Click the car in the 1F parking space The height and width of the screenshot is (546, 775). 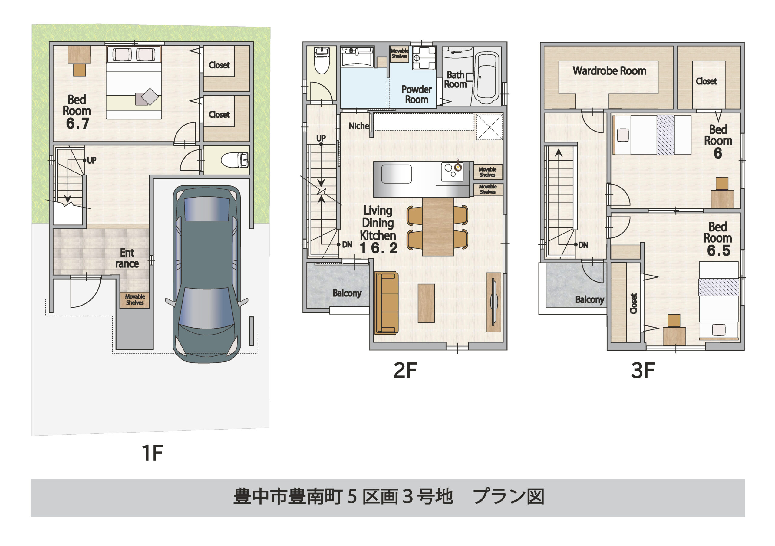click(206, 274)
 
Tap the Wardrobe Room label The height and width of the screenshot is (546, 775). click(609, 71)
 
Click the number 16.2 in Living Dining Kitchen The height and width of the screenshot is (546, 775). click(378, 249)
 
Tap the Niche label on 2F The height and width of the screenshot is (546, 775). click(358, 126)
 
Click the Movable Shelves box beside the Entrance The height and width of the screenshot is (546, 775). click(135, 299)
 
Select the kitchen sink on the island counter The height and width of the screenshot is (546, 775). click(396, 174)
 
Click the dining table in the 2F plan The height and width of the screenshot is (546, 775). click(438, 226)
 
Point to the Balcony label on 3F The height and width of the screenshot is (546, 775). click(589, 299)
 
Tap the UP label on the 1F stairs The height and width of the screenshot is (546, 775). click(91, 160)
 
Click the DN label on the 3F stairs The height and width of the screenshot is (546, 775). click(583, 245)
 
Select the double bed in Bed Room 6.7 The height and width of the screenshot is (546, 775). click(134, 83)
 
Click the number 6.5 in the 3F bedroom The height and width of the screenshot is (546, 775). click(718, 250)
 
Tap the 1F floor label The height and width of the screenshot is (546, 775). click(152, 453)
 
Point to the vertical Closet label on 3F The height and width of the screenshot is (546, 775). click(634, 303)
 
